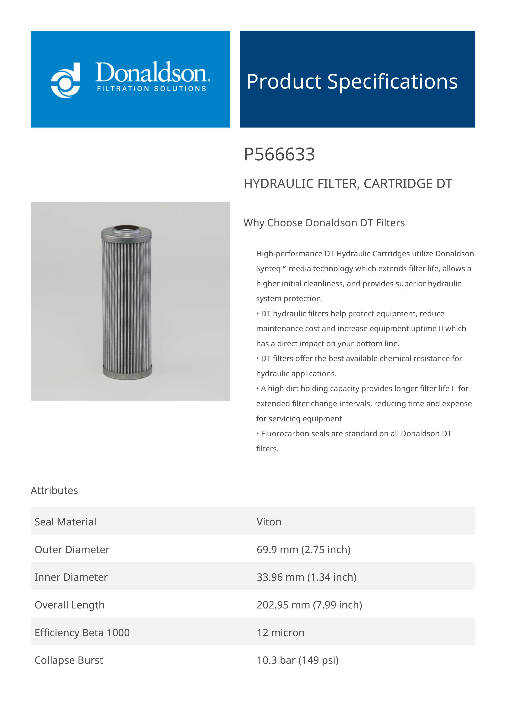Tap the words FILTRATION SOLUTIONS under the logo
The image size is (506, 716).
coord(152,89)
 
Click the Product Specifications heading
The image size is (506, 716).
coord(352,81)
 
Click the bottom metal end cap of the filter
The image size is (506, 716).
coord(127,372)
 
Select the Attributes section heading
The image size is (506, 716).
coord(54,491)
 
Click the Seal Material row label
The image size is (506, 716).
coord(65,522)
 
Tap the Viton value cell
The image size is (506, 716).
coord(269,522)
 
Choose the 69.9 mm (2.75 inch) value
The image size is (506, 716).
coord(303,550)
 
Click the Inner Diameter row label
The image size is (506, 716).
coord(71,577)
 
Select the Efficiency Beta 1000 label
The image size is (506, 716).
coord(82,633)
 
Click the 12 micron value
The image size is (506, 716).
coord(280,633)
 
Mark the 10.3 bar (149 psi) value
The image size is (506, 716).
coord(297,660)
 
